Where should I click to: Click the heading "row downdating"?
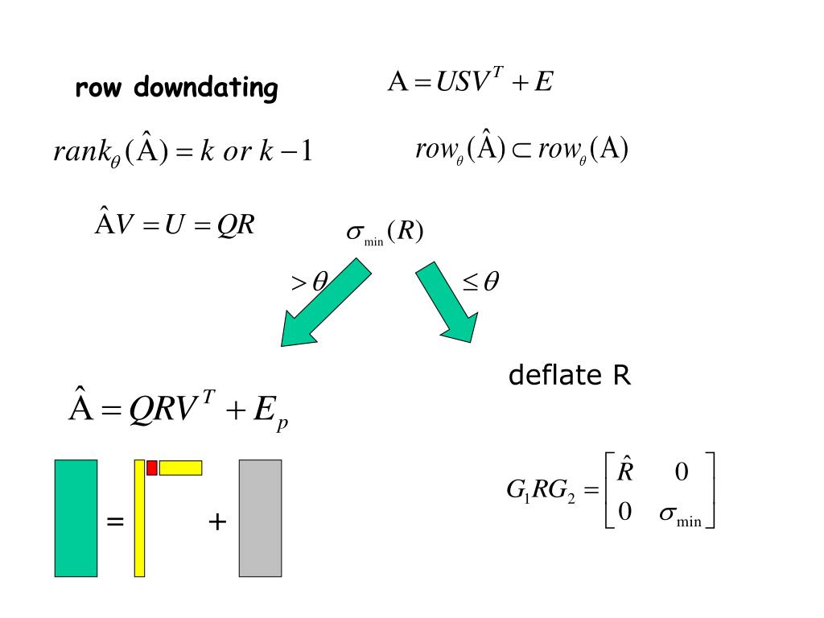pyautogui.click(x=176, y=88)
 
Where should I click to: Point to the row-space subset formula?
pyautogui.click(x=521, y=150)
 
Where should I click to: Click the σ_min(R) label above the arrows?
pyautogui.click(x=384, y=233)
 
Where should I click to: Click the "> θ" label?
pyautogui.click(x=309, y=282)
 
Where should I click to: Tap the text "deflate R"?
pyautogui.click(x=570, y=376)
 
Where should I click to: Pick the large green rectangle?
pyautogui.click(x=76, y=517)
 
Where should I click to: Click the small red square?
pyautogui.click(x=151, y=468)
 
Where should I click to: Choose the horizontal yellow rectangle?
pyautogui.click(x=180, y=468)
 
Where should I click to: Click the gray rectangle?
pyautogui.click(x=260, y=517)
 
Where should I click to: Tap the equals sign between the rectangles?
pyautogui.click(x=115, y=522)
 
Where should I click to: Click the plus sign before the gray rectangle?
pyautogui.click(x=217, y=522)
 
